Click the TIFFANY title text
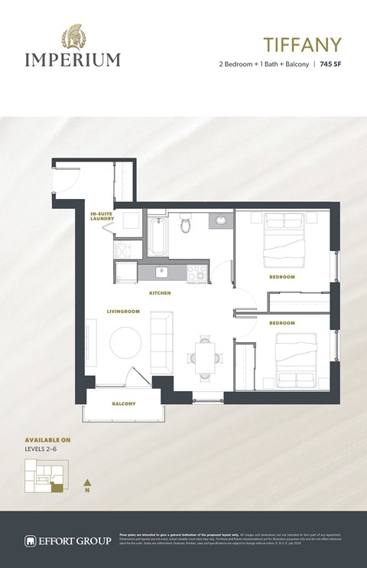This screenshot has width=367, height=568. tap(303, 44)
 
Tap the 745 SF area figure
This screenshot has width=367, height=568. tap(330, 64)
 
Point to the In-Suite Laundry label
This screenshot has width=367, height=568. tap(102, 216)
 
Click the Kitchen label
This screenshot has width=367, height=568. tap(160, 293)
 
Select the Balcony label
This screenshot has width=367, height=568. tap(124, 403)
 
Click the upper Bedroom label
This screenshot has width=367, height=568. tap(281, 276)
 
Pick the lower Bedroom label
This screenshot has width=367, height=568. tap(281, 324)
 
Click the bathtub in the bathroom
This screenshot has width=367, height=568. tap(157, 238)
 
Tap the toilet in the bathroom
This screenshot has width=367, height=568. tap(185, 224)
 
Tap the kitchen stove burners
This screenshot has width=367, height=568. tap(194, 270)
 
